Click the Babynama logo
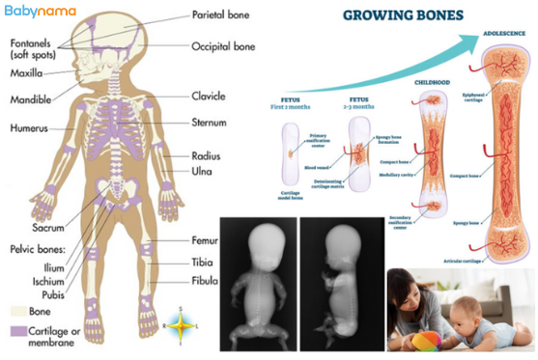point(38,13)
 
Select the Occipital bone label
point(222,45)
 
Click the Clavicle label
point(208,96)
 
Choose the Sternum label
point(208,122)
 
